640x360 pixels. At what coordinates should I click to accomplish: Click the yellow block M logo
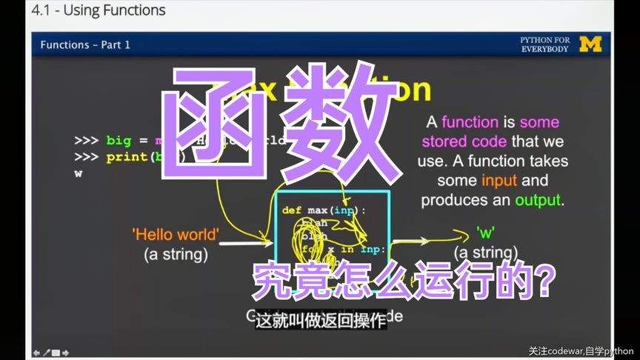coord(590,44)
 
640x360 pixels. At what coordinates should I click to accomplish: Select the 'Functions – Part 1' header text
coord(85,45)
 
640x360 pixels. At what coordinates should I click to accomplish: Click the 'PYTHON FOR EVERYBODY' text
coord(545,44)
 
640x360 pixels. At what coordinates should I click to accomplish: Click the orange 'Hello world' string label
coord(176,235)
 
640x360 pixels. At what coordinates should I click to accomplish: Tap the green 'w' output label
coord(485,232)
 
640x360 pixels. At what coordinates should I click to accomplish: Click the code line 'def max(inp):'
coord(324,210)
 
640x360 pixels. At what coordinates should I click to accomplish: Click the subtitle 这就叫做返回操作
coord(320,320)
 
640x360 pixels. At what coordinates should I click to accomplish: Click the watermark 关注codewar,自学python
coord(581,351)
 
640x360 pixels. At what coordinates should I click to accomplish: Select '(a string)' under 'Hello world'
coord(176,254)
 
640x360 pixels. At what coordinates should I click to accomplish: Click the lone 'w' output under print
coord(78,173)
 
